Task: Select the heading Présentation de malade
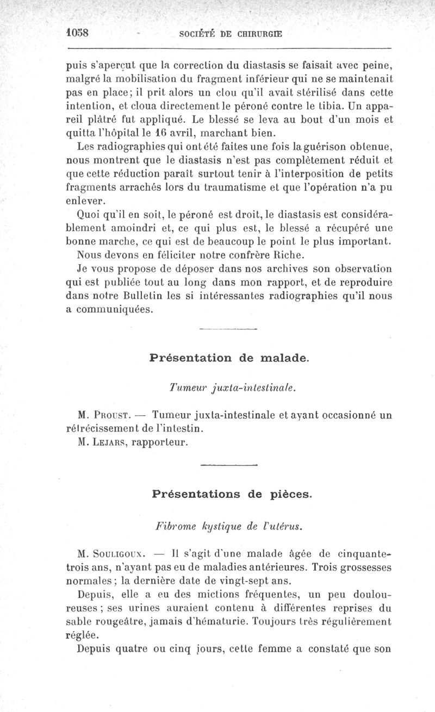pos(228,358)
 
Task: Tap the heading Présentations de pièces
pos(232,494)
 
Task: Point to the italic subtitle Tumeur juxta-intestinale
pos(232,388)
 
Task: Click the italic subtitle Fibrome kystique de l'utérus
pos(229,526)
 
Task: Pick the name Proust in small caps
pos(113,416)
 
